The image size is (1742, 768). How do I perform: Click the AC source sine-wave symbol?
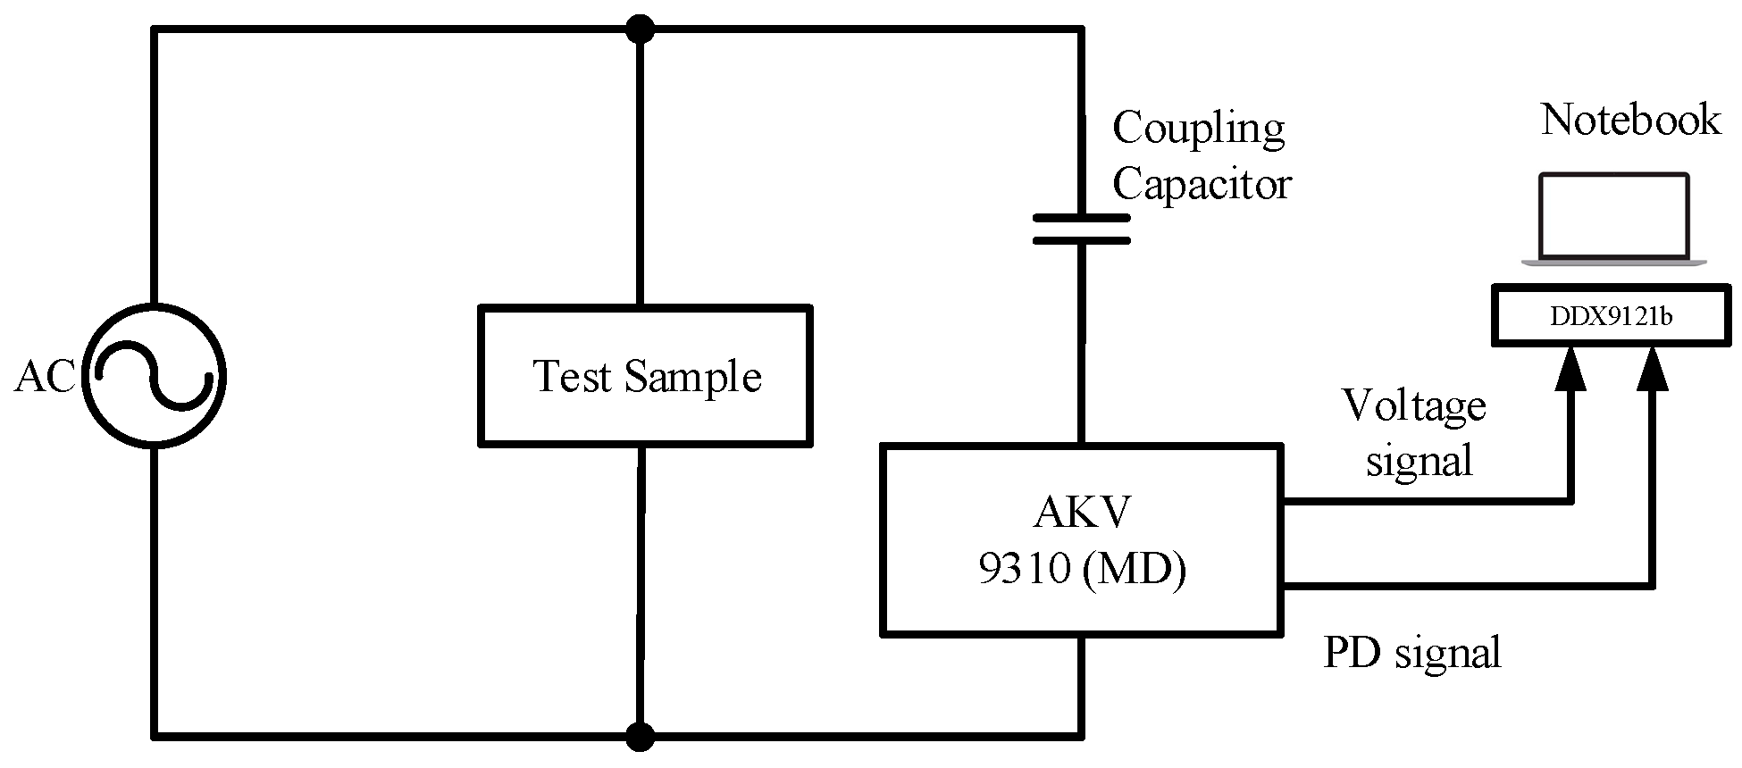(154, 376)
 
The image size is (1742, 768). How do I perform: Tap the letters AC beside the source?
(45, 377)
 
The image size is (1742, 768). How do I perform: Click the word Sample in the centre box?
(692, 377)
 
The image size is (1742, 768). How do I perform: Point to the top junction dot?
(640, 29)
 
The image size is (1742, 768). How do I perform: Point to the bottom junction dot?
(640, 737)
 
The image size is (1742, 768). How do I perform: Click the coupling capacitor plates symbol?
(1081, 229)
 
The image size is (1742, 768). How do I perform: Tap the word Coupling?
(1198, 130)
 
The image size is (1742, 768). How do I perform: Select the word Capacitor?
(1202, 185)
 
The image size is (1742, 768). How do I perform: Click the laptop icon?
(1613, 220)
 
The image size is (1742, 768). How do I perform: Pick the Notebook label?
(1630, 120)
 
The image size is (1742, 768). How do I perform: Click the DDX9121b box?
(1612, 316)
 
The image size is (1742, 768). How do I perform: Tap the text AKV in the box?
(1082, 513)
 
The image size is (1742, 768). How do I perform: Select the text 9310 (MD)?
(1082, 567)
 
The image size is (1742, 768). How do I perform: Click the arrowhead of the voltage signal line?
(1570, 368)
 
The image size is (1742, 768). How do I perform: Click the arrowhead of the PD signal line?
(1653, 368)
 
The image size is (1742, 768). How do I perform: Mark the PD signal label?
(1411, 653)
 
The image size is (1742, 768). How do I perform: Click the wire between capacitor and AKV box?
(1081, 344)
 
